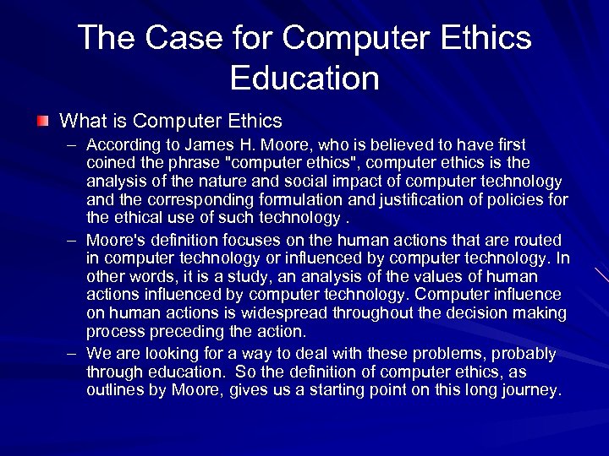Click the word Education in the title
pos(304,79)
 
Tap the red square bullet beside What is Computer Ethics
pos(43,122)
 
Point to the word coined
pos(109,163)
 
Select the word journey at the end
pos(531,390)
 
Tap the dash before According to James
pos(74,145)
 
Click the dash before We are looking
pos(74,353)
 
